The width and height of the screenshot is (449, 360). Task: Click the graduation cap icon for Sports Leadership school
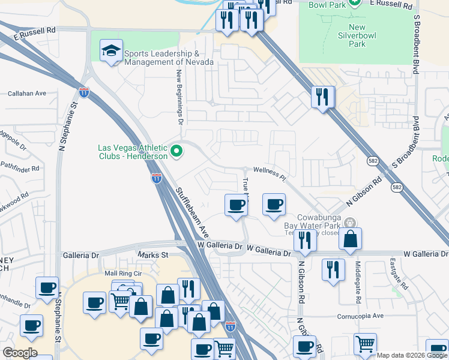pos(111,50)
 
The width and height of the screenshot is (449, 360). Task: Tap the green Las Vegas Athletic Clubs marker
pos(176,152)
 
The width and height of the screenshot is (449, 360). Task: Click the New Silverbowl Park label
pos(357,35)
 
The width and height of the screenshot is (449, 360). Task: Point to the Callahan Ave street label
pos(27,94)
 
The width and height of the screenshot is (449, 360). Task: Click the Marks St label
pos(152,254)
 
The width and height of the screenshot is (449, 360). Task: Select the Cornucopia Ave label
pos(360,315)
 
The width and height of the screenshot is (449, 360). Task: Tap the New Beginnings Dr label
pos(179,96)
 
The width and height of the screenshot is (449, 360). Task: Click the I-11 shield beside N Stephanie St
pos(84,92)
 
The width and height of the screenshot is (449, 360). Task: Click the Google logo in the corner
pos(20,353)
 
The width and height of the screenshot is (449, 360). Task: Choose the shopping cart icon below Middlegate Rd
pos(365,344)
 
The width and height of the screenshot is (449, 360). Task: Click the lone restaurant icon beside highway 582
pos(322,97)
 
